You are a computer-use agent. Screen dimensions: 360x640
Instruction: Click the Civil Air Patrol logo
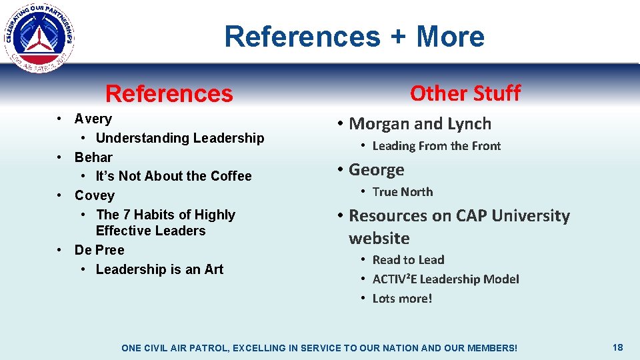(39, 37)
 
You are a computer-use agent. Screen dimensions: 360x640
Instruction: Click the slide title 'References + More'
(354, 36)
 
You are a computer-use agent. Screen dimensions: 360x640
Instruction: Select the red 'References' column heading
(169, 94)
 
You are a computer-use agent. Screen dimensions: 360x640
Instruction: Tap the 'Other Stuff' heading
(465, 93)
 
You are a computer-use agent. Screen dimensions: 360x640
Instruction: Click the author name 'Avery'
(93, 119)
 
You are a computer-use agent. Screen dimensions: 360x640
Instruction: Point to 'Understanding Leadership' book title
(180, 138)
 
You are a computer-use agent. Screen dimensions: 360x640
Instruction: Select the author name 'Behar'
(93, 157)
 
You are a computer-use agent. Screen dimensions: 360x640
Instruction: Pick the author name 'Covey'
(95, 195)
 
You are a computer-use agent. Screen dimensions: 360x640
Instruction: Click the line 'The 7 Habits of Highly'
(165, 215)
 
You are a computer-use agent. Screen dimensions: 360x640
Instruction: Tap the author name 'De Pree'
(99, 250)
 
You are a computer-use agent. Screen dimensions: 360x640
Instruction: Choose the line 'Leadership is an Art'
(159, 269)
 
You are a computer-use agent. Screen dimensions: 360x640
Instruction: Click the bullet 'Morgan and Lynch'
(420, 124)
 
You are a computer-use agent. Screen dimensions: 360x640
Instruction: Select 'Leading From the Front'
(436, 146)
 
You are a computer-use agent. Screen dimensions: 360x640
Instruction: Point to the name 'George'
(377, 170)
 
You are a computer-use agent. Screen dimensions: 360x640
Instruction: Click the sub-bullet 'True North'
(403, 192)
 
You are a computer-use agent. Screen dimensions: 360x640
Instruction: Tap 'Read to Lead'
(408, 260)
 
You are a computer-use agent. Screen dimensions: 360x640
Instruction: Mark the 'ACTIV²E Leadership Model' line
(445, 279)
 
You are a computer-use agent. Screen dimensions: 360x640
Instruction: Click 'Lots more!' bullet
(402, 299)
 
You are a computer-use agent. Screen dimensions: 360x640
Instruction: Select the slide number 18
(617, 347)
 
